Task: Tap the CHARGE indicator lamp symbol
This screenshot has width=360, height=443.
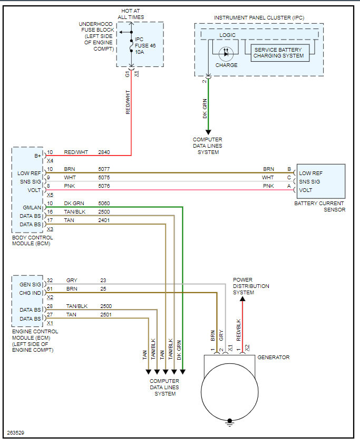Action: (226, 54)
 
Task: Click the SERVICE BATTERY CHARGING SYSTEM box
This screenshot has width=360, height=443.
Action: (279, 53)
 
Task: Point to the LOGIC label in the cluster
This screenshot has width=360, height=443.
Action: (227, 35)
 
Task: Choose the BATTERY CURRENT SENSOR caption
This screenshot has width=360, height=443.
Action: (319, 206)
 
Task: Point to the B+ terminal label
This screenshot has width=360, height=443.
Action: (37, 156)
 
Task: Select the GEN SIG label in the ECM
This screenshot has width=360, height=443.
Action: (31, 284)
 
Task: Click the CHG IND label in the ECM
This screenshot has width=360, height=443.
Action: (31, 293)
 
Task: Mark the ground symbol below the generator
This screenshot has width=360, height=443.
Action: (229, 421)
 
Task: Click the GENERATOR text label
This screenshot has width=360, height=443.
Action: (273, 358)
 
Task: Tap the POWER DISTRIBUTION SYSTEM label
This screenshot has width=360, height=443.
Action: (251, 286)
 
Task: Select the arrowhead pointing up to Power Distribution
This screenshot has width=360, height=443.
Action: (242, 300)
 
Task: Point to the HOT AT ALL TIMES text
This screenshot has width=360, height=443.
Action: (131, 14)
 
